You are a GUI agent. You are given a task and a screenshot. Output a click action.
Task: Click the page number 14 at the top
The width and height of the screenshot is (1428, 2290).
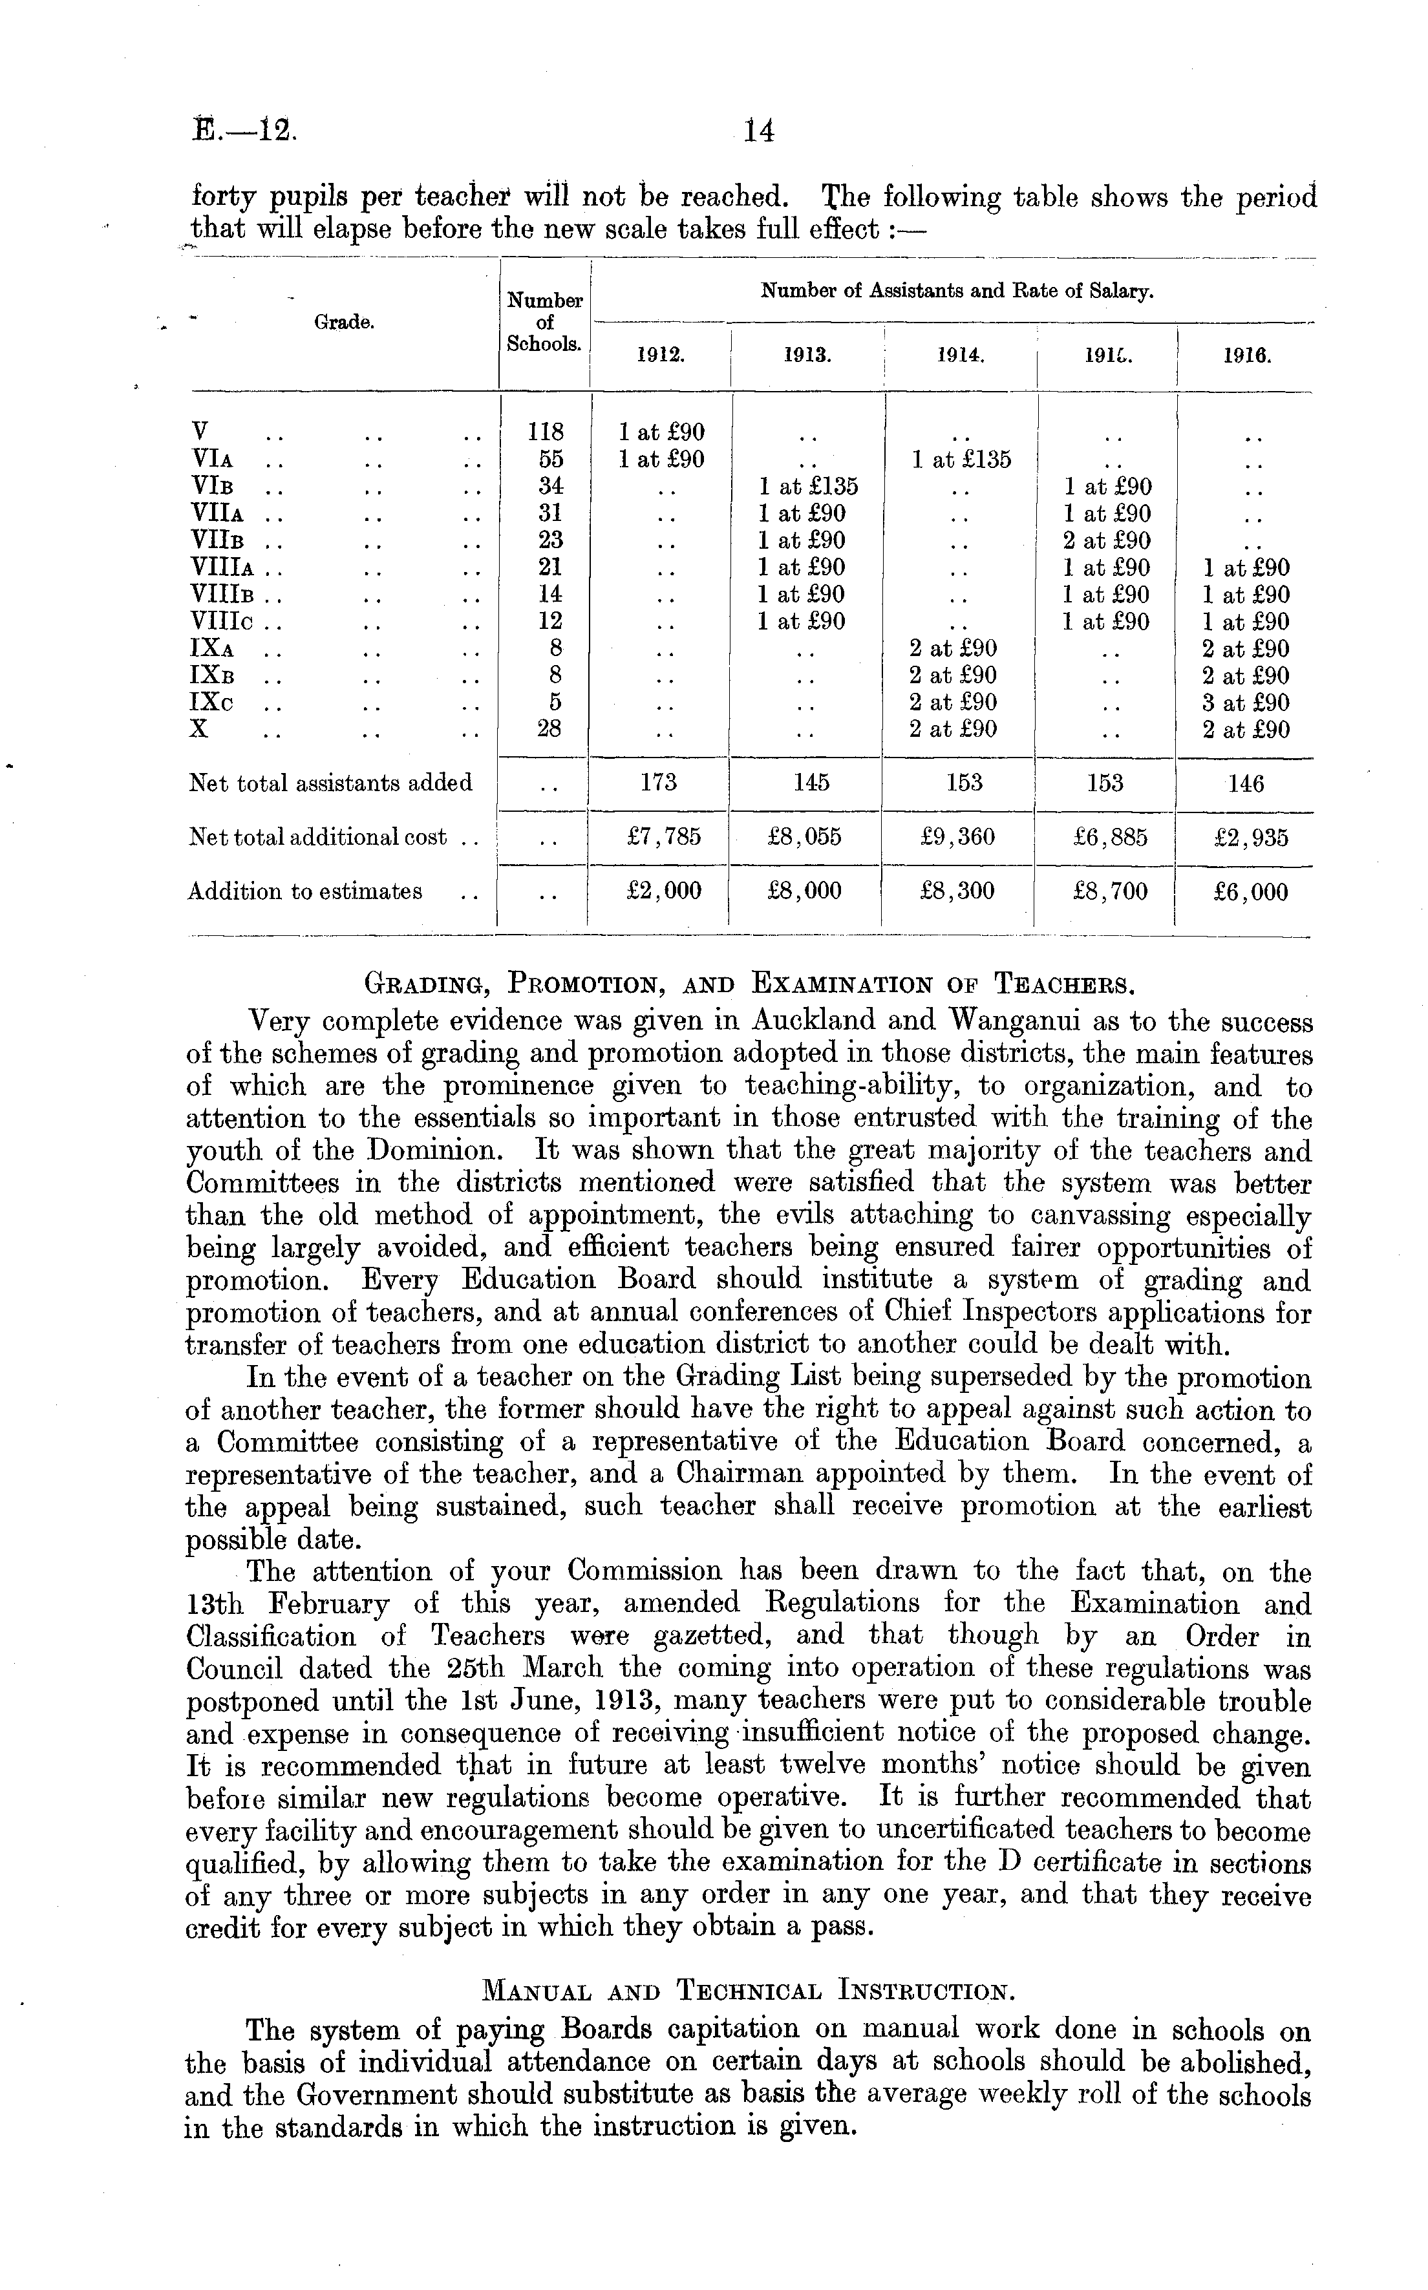[x=758, y=131]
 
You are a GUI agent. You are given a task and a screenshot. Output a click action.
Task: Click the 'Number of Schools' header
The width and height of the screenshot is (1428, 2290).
[x=544, y=322]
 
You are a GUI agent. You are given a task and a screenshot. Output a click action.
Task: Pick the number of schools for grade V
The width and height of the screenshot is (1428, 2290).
[x=545, y=432]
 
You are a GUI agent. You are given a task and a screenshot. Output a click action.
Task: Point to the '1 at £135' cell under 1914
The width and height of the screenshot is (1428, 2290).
[x=961, y=460]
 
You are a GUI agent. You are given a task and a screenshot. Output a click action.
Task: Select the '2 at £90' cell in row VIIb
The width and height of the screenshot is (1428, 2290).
[x=1107, y=541]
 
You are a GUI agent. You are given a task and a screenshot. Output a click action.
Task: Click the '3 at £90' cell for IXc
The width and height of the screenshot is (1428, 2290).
[x=1246, y=703]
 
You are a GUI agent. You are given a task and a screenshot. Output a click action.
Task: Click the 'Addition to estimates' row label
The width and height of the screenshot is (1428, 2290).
[x=305, y=891]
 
